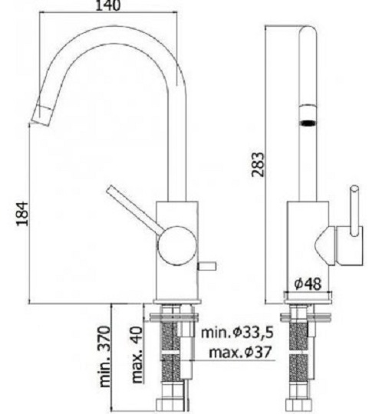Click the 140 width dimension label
[107, 5]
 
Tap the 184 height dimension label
[22, 214]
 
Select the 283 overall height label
[258, 164]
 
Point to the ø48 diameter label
[308, 284]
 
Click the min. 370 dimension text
[104, 357]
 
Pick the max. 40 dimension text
[137, 355]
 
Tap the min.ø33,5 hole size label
[237, 333]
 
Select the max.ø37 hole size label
[240, 352]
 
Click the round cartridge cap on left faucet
[177, 245]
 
